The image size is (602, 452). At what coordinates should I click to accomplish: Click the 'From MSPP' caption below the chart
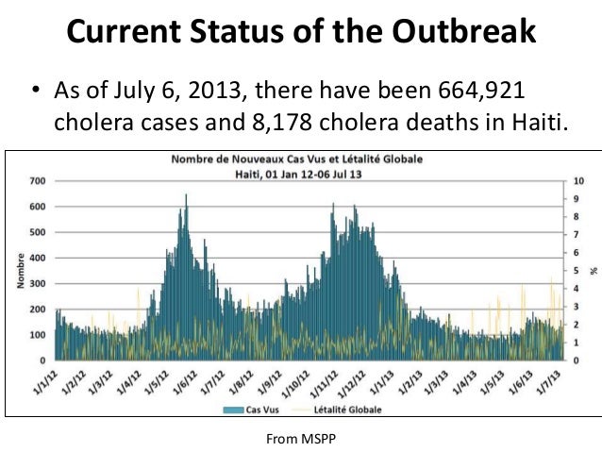pyautogui.click(x=301, y=439)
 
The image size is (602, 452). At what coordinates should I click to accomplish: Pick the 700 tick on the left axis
pyautogui.click(x=39, y=180)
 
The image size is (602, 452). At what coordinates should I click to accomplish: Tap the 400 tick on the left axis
pyautogui.click(x=39, y=258)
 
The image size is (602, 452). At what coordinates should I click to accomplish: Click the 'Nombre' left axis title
pyautogui.click(x=20, y=271)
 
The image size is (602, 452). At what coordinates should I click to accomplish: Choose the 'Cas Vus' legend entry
pyautogui.click(x=267, y=409)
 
